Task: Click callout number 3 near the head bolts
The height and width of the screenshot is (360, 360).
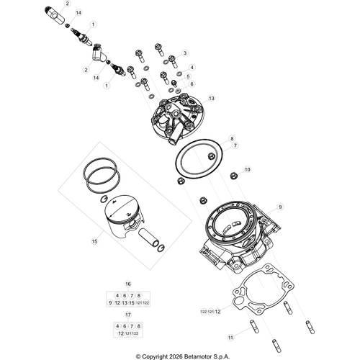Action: pyautogui.click(x=184, y=53)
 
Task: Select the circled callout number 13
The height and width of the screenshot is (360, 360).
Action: pyautogui.click(x=212, y=98)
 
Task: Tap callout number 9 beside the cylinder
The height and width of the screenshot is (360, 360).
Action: pyautogui.click(x=282, y=206)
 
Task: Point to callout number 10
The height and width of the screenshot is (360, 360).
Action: pyautogui.click(x=248, y=169)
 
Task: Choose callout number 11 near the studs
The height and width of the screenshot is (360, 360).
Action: pyautogui.click(x=230, y=337)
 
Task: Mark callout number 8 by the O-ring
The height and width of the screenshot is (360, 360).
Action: pyautogui.click(x=232, y=138)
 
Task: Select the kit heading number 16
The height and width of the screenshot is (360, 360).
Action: pyautogui.click(x=128, y=284)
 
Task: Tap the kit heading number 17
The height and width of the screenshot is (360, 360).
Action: pyautogui.click(x=128, y=315)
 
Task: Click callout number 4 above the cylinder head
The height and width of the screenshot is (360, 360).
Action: pyautogui.click(x=191, y=67)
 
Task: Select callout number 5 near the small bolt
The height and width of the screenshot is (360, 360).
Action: pyautogui.click(x=188, y=76)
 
